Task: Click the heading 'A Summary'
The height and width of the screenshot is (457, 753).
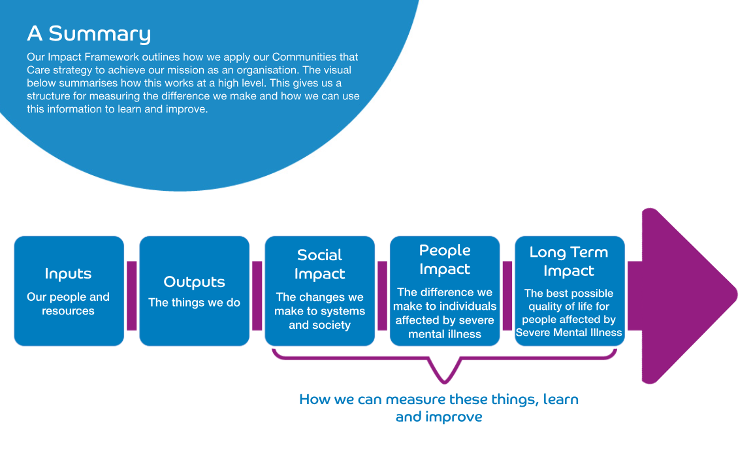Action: [x=89, y=33]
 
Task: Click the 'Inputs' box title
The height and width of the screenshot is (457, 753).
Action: [x=68, y=273]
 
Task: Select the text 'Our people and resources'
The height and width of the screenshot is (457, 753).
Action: [x=68, y=303]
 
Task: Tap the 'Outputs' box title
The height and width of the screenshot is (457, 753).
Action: [x=194, y=282]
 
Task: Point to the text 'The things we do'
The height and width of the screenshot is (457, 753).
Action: [x=194, y=302]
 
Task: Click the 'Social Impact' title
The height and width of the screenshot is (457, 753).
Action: [x=319, y=264]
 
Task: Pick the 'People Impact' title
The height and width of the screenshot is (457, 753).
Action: [x=445, y=260]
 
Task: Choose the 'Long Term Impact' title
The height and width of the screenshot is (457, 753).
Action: [x=569, y=262]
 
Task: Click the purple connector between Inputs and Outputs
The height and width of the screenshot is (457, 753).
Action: [x=131, y=296]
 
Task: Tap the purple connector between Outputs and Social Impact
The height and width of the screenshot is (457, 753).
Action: [x=257, y=296]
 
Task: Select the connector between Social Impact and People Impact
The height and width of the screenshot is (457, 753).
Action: [x=382, y=296]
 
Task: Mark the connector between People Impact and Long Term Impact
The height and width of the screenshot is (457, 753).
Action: [x=507, y=296]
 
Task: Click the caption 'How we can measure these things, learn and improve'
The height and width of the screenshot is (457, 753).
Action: [x=439, y=407]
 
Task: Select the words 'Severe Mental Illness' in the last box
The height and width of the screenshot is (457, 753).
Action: [x=569, y=333]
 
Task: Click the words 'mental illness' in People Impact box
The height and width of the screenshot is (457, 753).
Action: [x=445, y=334]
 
